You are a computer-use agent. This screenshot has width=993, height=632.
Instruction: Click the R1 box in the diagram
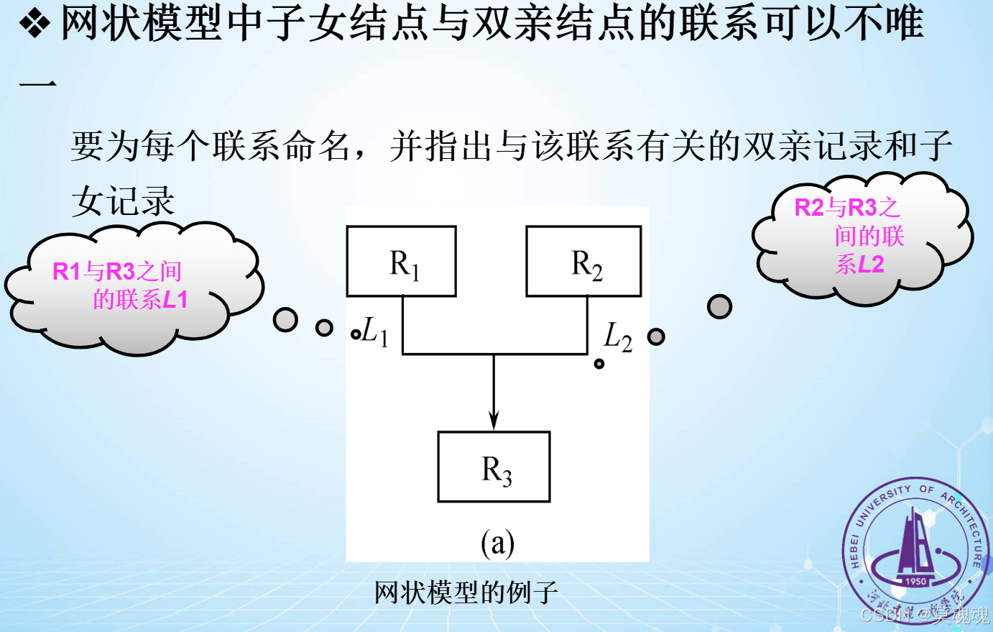click(x=401, y=261)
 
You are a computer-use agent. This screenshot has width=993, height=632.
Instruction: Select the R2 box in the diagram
click(x=583, y=261)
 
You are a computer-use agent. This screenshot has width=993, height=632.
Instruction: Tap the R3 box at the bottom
click(x=494, y=467)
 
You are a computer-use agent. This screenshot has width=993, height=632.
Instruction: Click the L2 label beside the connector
click(x=617, y=336)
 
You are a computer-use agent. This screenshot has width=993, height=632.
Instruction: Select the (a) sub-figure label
click(x=497, y=543)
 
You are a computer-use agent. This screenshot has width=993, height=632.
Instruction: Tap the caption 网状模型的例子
click(x=466, y=592)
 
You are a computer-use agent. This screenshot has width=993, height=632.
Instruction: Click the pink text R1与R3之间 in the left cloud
click(x=117, y=271)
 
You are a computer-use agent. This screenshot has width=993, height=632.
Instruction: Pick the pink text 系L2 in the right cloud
click(x=859, y=265)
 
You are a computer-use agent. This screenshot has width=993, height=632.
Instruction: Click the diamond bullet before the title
click(x=34, y=24)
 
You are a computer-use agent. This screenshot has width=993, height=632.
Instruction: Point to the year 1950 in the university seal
click(x=915, y=581)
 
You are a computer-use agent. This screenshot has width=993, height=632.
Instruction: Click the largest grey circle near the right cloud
click(x=719, y=306)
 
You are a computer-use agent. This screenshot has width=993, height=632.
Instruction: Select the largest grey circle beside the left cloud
click(x=285, y=319)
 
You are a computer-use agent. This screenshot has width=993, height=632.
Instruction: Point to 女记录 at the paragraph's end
click(x=123, y=201)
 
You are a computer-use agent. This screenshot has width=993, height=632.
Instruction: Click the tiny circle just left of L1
click(x=355, y=334)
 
